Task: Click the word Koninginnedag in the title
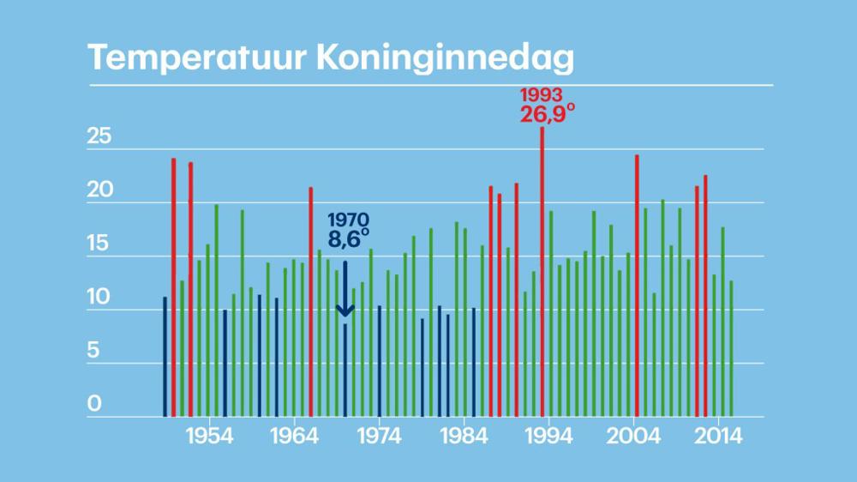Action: [x=443, y=59]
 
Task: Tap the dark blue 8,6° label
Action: [x=348, y=239]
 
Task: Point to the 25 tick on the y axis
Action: [x=100, y=137]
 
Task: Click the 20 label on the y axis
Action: [x=100, y=191]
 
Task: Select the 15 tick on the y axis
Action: [x=100, y=244]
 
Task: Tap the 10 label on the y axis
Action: [x=100, y=298]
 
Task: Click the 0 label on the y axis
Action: [x=94, y=404]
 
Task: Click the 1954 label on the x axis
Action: [x=209, y=436]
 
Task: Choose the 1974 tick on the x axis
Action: [x=379, y=436]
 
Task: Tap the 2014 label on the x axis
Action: [x=718, y=436]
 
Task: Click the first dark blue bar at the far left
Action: [x=165, y=357]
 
